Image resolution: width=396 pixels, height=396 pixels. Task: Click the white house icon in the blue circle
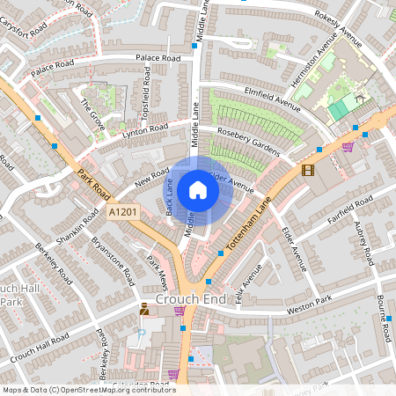pyautogui.click(x=198, y=190)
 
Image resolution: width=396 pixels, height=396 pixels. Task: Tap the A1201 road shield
pyautogui.click(x=124, y=213)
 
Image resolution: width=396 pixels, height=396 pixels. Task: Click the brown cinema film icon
pyautogui.click(x=307, y=170)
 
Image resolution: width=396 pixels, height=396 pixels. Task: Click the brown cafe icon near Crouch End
pyautogui.click(x=144, y=307)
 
